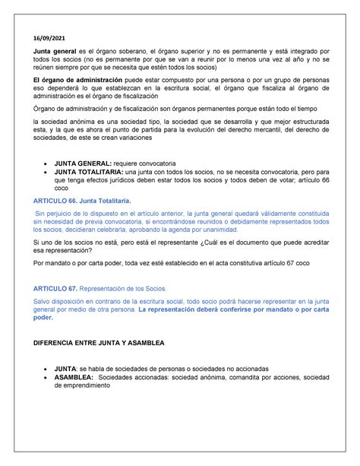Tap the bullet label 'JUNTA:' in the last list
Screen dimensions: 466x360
(71, 366)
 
